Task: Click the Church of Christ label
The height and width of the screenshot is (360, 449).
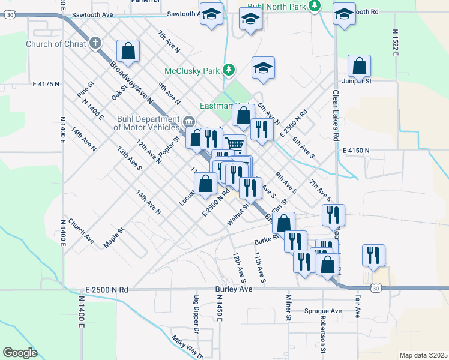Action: (56, 44)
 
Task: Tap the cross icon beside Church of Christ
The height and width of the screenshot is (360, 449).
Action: (95, 43)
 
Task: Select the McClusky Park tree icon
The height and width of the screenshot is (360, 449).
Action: (228, 70)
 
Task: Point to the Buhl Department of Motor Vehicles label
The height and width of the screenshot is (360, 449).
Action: (146, 123)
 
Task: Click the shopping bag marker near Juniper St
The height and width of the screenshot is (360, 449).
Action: (359, 65)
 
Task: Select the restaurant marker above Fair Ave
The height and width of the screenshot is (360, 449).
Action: (373, 254)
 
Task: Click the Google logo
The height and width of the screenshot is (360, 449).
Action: (20, 353)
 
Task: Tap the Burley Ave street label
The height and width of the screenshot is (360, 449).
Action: (234, 289)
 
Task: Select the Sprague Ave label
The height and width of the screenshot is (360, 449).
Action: (322, 311)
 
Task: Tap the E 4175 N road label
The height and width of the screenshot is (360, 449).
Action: (46, 85)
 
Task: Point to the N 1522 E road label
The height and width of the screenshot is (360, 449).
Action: (396, 41)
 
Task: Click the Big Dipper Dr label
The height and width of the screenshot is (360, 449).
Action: (196, 314)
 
